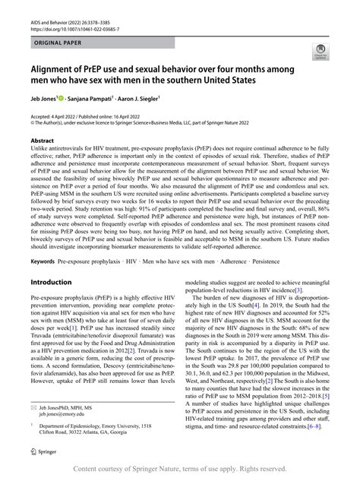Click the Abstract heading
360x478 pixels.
(x=42, y=140)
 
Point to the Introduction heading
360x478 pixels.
(x=51, y=261)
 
